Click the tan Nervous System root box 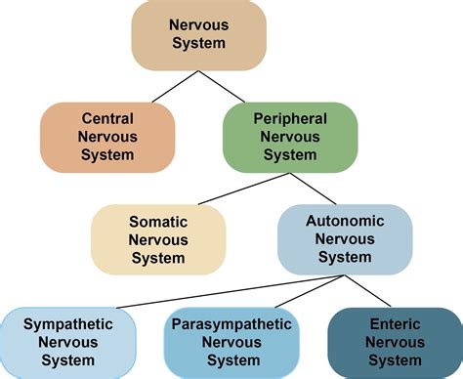(199, 36)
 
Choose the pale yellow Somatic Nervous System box (158, 238)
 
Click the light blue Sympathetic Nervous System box (66, 342)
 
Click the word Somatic (158, 221)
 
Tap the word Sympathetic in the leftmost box (66, 323)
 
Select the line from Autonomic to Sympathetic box (195, 290)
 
